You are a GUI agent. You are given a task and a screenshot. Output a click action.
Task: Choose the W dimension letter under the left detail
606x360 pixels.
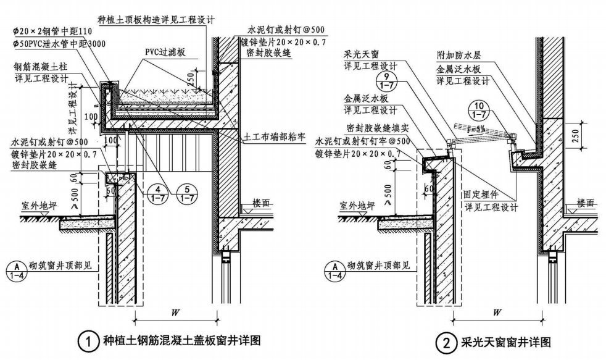point(175,313)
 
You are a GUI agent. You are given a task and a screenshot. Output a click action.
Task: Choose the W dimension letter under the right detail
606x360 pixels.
point(497,313)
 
